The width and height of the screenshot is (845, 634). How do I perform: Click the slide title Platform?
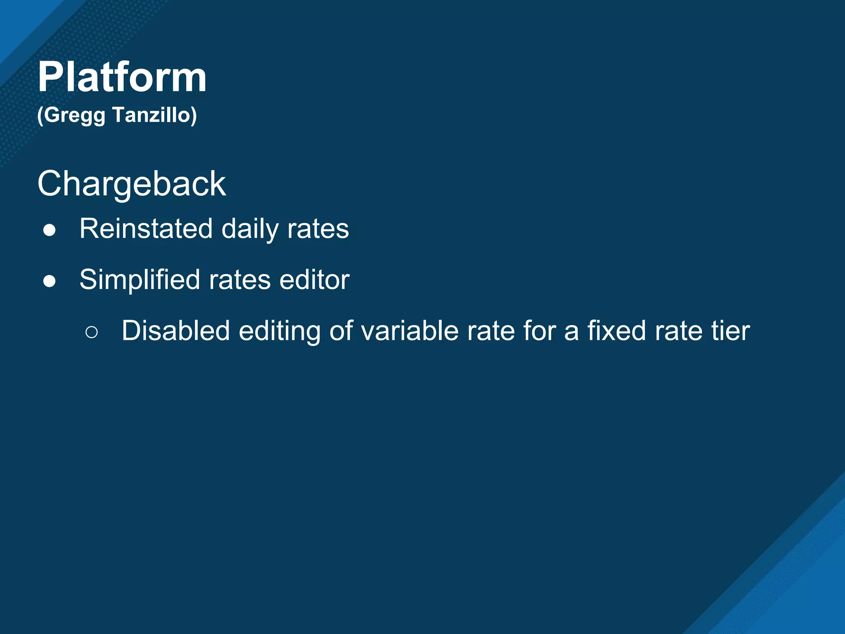[122, 77]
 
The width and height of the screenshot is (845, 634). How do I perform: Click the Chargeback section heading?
[132, 184]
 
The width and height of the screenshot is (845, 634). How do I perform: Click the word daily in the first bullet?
[250, 229]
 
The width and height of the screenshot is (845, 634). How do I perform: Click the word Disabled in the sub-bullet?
[175, 331]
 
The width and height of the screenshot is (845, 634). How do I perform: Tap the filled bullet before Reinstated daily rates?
[50, 230]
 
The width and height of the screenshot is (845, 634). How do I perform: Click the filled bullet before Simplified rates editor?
[50, 282]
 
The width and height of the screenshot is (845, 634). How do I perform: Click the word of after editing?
[341, 331]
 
